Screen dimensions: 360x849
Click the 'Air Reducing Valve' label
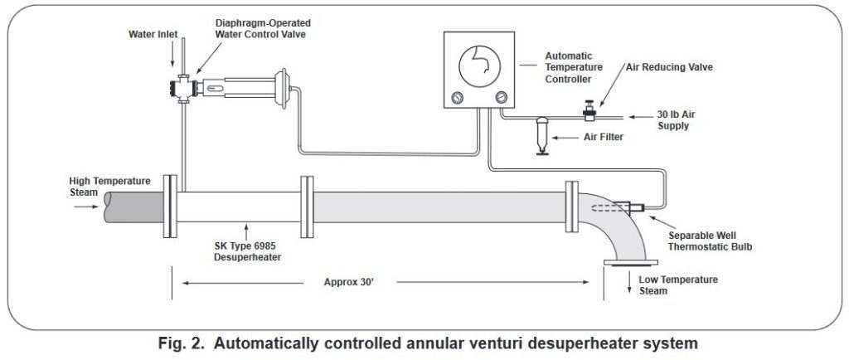669,66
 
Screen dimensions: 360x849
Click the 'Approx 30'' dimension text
349,282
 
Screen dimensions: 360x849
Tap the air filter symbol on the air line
539,133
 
